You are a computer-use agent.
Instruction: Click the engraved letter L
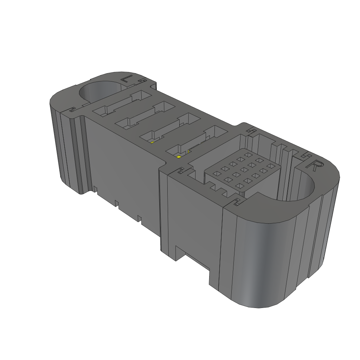tap(127, 79)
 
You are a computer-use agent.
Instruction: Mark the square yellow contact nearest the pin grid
tap(178, 156)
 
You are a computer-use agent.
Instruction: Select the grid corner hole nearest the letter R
tap(270, 166)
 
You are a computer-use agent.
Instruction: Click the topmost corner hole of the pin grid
tap(249, 155)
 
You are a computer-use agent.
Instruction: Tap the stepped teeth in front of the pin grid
tap(218, 190)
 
